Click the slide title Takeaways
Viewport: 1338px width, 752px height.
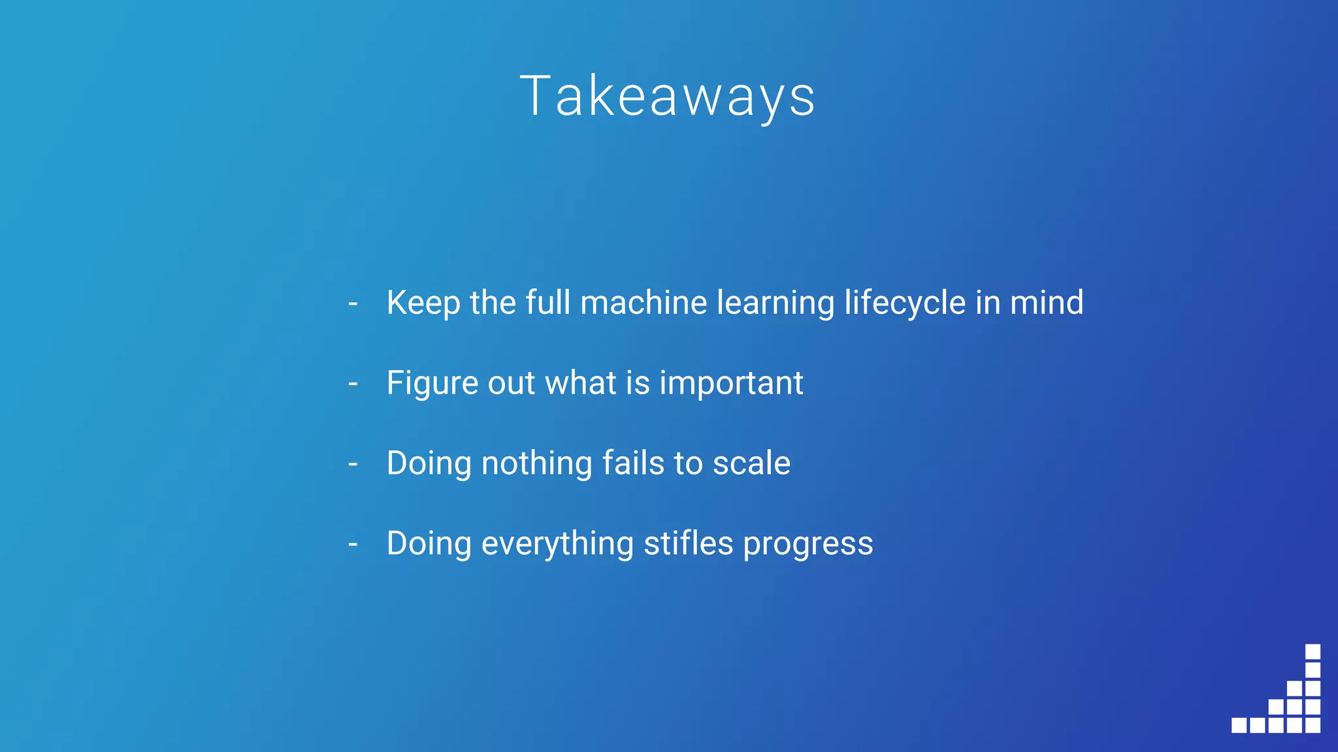(668, 97)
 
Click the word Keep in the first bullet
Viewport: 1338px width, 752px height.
(423, 303)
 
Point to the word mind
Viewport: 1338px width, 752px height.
(1047, 303)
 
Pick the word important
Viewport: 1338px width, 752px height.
(731, 383)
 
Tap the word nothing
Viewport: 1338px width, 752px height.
(536, 463)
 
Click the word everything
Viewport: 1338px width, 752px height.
(557, 544)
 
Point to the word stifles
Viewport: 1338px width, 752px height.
(689, 544)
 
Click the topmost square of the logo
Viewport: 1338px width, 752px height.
(1313, 651)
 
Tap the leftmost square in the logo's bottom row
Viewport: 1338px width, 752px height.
(1239, 725)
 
